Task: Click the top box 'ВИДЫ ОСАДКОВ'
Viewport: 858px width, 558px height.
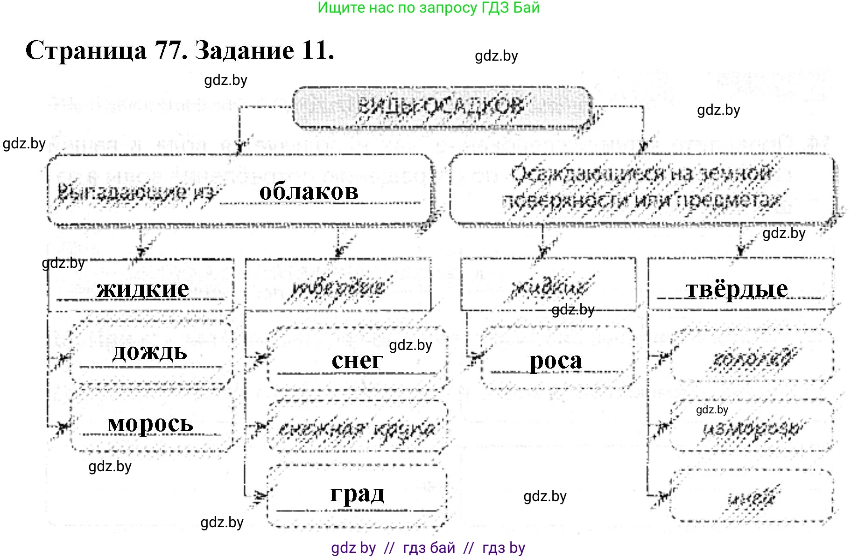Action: click(x=441, y=107)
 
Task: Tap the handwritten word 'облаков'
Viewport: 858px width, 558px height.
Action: click(x=309, y=191)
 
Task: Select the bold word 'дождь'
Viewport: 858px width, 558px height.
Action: click(x=149, y=352)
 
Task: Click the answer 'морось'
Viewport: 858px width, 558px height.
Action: click(x=150, y=423)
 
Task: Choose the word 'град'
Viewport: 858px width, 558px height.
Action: click(x=357, y=494)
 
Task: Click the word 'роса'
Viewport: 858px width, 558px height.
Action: click(x=556, y=361)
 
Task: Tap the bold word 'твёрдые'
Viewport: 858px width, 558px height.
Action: click(x=736, y=289)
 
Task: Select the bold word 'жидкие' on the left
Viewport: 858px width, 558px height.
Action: click(x=143, y=289)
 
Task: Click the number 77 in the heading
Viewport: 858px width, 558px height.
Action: click(x=168, y=50)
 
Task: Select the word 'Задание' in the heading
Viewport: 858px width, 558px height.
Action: click(x=244, y=50)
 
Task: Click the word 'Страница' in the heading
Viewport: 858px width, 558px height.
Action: click(x=86, y=50)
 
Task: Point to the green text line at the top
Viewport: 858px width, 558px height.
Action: click(x=429, y=8)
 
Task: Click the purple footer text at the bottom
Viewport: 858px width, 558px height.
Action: click(x=428, y=548)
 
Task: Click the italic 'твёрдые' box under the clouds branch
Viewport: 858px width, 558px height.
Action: click(x=338, y=286)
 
